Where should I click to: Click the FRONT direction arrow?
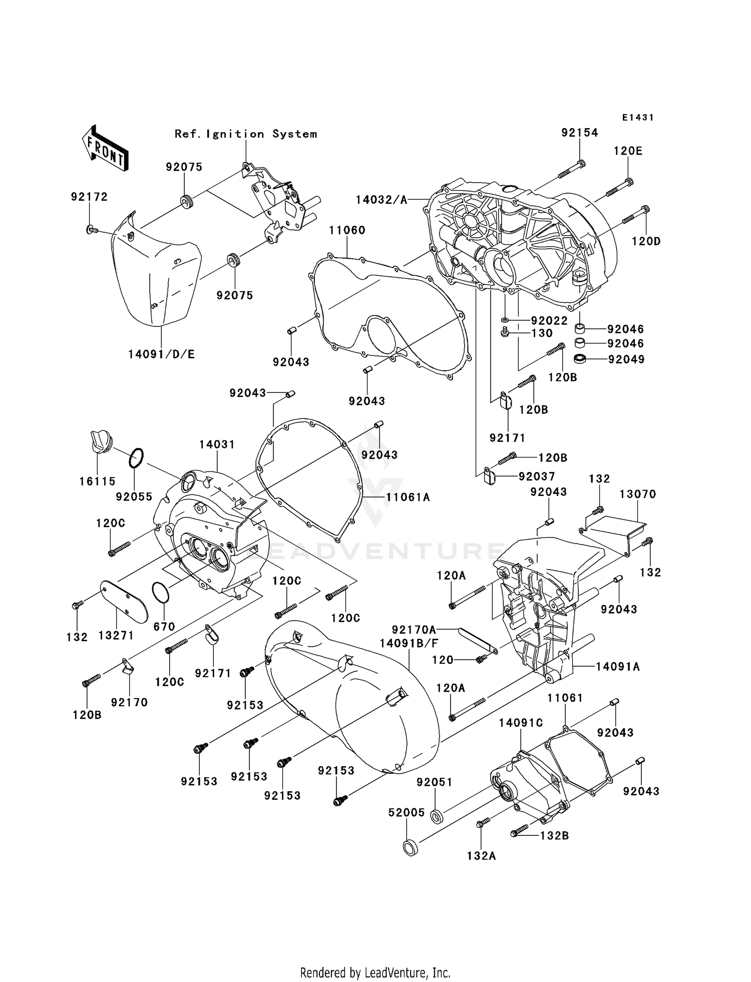point(104,149)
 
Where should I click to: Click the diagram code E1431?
point(638,118)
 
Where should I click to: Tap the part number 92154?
point(579,133)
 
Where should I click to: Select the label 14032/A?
point(381,200)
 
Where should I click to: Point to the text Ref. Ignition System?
point(246,134)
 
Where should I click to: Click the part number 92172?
point(89,197)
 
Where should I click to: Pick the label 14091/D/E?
point(161,354)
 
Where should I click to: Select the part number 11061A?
point(408,497)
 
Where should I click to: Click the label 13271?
point(116,635)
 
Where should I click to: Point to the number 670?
point(164,627)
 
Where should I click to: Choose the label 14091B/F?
point(409,644)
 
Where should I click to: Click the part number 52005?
point(407,813)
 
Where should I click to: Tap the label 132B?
point(554,835)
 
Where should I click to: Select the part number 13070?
point(637,494)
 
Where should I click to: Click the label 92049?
point(626,359)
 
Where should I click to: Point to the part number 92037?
point(537,476)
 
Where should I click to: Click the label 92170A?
point(414,629)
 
